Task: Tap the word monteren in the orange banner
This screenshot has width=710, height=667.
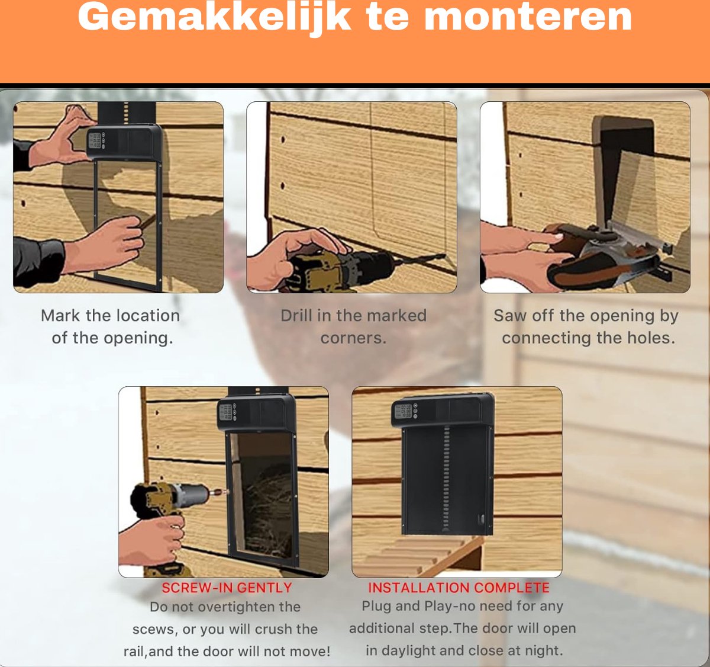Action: pyautogui.click(x=528, y=18)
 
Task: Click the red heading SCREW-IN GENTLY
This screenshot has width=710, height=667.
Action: pyautogui.click(x=227, y=588)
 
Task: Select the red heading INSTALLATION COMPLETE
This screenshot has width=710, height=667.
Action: pyautogui.click(x=459, y=588)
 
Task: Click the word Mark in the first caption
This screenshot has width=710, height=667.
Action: pyautogui.click(x=60, y=315)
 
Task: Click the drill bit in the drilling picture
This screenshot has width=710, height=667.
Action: pyautogui.click(x=421, y=259)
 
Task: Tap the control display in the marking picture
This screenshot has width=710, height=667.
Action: pyautogui.click(x=95, y=141)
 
